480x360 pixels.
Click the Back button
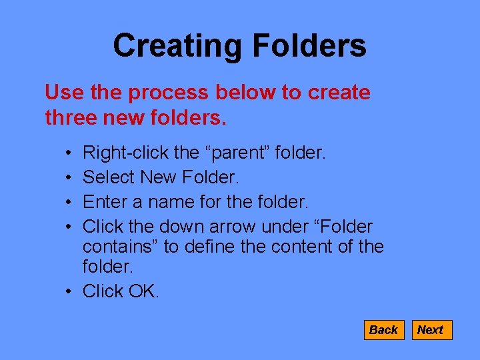(x=383, y=330)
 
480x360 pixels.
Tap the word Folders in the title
(x=309, y=46)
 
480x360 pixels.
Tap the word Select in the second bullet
(x=109, y=177)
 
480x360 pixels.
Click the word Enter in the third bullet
(x=106, y=201)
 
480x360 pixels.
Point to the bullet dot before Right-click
(x=70, y=154)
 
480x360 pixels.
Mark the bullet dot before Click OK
(x=70, y=292)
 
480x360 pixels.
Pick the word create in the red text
(x=339, y=93)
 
